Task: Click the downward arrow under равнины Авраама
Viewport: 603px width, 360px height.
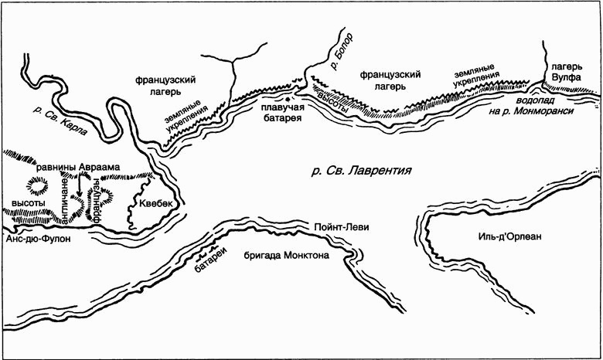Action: point(80,188)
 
